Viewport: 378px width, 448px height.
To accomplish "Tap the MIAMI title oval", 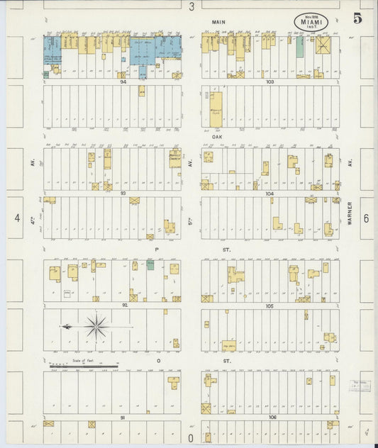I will [313, 21].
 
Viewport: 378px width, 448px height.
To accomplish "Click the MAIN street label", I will [218, 23].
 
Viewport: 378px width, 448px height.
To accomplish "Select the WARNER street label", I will [350, 211].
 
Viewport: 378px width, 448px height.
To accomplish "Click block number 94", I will [123, 82].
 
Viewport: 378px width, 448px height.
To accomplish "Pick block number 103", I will [269, 82].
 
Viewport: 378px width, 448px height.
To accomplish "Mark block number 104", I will [269, 194].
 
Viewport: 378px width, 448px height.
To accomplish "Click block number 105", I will [269, 306].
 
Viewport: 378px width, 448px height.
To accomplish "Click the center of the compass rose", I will [96, 327].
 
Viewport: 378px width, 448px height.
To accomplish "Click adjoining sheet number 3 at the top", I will [191, 6].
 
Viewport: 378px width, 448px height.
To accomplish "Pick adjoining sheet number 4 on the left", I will [16, 218].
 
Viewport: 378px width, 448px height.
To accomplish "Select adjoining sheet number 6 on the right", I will [366, 218].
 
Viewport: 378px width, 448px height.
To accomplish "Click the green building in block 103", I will [300, 46].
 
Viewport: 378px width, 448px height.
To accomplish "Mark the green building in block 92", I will [150, 265].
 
